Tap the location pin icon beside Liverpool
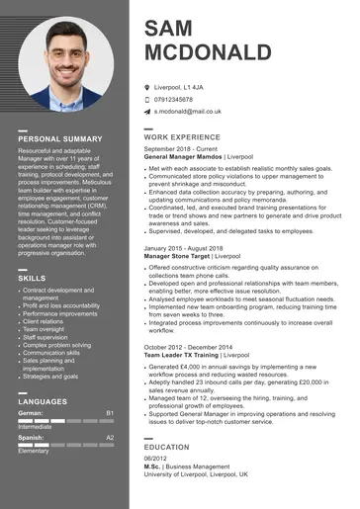tap(146, 87)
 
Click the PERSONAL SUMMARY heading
tap(59, 138)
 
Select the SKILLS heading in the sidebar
tap(32, 279)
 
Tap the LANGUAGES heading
tap(43, 402)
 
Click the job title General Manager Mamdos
tap(183, 156)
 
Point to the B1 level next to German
tap(110, 412)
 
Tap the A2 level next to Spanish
tap(110, 437)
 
